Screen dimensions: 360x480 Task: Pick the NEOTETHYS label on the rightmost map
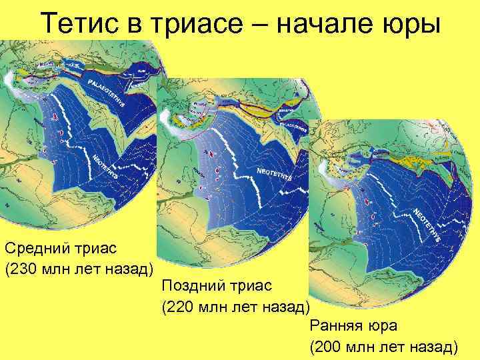coord(427,223)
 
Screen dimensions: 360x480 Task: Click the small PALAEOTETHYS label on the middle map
coord(297,124)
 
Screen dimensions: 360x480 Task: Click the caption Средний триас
coord(61,249)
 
